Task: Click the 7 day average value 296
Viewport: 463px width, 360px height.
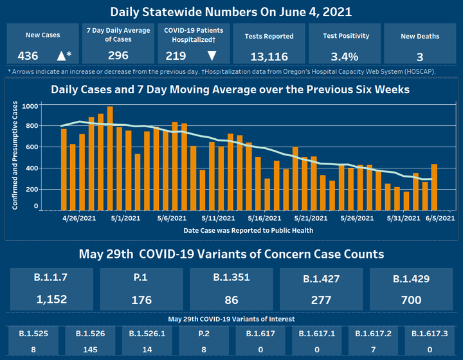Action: (x=118, y=56)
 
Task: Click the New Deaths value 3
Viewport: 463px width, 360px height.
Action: (x=419, y=56)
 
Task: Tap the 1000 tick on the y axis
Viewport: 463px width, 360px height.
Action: (x=30, y=105)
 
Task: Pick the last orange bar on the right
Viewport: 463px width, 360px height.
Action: (x=434, y=187)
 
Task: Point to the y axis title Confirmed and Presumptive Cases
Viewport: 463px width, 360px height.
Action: (x=14, y=154)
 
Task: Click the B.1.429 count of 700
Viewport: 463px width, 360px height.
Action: (x=410, y=300)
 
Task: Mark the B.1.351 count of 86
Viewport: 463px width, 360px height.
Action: (x=232, y=300)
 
